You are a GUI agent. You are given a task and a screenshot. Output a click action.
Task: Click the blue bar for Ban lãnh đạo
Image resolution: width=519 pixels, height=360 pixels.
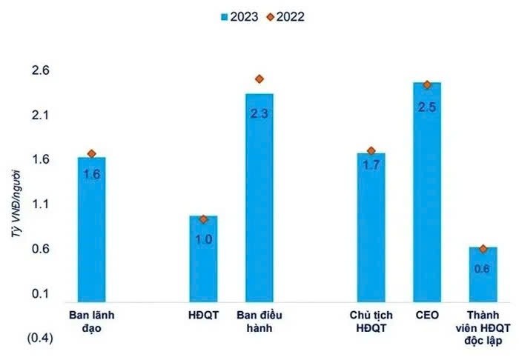tap(92, 229)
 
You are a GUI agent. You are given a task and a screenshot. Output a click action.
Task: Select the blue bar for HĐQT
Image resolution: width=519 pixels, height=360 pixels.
tap(203, 259)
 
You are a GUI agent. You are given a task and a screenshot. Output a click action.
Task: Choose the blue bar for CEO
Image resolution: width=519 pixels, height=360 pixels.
tap(426, 192)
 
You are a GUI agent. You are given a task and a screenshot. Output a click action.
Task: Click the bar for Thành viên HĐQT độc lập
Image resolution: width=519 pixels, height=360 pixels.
tap(483, 274)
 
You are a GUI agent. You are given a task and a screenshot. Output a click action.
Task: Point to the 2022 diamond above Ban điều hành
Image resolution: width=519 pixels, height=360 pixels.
tap(259, 79)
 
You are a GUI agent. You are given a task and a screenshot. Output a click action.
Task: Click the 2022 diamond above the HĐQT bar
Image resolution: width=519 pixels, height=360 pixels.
tap(204, 219)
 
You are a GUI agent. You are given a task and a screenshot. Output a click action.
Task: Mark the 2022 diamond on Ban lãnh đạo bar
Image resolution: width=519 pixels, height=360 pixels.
tap(92, 153)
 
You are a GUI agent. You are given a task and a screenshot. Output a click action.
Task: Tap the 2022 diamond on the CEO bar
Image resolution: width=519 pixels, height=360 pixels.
tap(426, 84)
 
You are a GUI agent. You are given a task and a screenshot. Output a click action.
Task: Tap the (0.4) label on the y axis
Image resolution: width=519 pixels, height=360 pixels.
tap(39, 338)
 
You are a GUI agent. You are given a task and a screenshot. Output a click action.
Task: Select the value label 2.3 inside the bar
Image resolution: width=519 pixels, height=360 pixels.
tap(259, 114)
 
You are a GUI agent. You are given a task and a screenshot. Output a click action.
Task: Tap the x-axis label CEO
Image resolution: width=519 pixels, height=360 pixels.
tap(426, 315)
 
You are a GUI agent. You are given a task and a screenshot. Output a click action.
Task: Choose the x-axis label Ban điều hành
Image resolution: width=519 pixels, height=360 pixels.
tap(259, 321)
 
